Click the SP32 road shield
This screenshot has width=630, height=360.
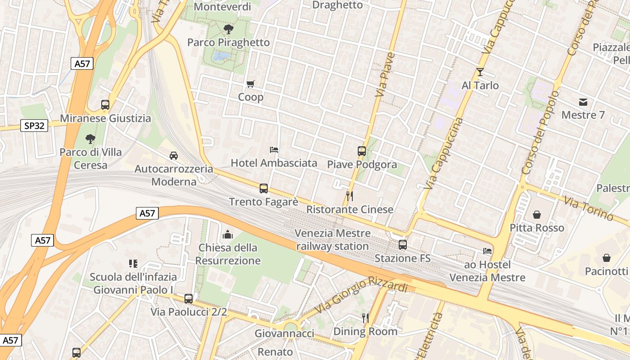[34, 126]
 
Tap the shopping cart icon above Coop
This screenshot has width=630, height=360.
[251, 84]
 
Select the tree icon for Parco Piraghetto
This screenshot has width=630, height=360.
[229, 30]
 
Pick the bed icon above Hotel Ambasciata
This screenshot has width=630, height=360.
[274, 149]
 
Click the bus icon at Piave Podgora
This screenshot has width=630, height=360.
[362, 151]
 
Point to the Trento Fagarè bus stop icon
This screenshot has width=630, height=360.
[264, 189]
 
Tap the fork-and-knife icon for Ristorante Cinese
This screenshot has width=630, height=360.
[349, 196]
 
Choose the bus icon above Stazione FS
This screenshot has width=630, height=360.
[403, 245]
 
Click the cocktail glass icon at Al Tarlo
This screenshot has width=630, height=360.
[480, 72]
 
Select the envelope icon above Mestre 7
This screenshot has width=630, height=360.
[583, 102]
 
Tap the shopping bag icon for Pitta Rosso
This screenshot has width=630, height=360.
[536, 215]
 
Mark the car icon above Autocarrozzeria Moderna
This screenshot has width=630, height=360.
[173, 156]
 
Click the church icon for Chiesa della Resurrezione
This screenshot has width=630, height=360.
[228, 234]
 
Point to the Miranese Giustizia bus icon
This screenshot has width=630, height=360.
[105, 105]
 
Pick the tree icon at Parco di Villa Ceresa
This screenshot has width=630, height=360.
[90, 139]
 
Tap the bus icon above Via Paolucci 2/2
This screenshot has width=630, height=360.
[189, 298]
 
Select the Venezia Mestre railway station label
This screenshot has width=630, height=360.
[333, 240]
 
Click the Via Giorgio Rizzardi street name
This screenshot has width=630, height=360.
[363, 294]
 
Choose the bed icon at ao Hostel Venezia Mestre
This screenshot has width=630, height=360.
[487, 251]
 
